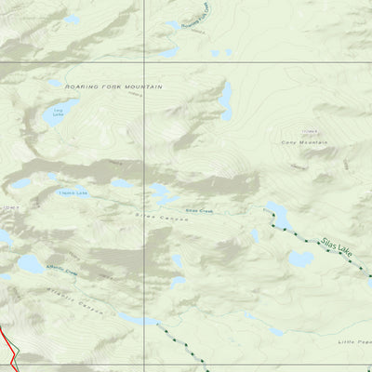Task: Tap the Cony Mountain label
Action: pyautogui.click(x=304, y=142)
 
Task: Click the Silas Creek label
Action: pyautogui.click(x=200, y=210)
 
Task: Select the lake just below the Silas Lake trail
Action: pyautogui.click(x=299, y=259)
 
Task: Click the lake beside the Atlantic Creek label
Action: pyautogui.click(x=31, y=265)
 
